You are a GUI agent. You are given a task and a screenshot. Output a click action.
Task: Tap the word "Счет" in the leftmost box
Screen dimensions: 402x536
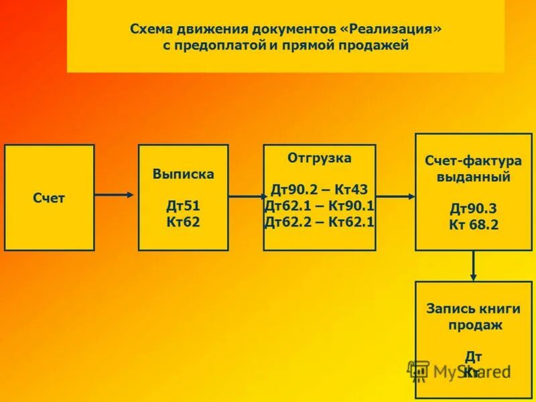(x=49, y=198)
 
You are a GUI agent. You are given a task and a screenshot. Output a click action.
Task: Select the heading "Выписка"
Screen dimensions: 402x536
(x=183, y=174)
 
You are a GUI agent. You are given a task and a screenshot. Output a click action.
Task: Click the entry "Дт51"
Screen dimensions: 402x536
(x=183, y=206)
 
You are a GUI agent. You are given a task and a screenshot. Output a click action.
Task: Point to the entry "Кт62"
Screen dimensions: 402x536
(x=183, y=222)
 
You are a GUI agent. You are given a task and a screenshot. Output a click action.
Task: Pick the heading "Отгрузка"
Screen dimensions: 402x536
(x=320, y=158)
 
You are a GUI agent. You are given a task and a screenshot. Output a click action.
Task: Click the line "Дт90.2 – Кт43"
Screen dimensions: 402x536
(x=320, y=190)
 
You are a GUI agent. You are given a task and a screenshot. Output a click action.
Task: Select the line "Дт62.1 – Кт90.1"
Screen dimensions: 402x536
(x=320, y=206)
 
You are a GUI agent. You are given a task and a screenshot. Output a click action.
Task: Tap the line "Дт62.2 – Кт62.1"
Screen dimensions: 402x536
(x=320, y=222)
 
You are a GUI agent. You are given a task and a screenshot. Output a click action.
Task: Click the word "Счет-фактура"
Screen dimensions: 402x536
(x=474, y=161)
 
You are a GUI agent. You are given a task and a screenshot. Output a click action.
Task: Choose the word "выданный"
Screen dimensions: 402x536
(x=474, y=178)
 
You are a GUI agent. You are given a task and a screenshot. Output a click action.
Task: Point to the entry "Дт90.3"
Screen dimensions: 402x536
(x=474, y=209)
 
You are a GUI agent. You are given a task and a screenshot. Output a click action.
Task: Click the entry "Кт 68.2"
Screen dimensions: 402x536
(x=474, y=225)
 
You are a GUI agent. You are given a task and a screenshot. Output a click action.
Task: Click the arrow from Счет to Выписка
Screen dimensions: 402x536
(x=115, y=195)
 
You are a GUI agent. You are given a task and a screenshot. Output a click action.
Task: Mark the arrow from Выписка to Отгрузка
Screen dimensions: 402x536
(x=246, y=197)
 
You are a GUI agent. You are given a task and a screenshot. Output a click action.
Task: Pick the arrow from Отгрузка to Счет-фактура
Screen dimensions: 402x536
(x=395, y=196)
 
